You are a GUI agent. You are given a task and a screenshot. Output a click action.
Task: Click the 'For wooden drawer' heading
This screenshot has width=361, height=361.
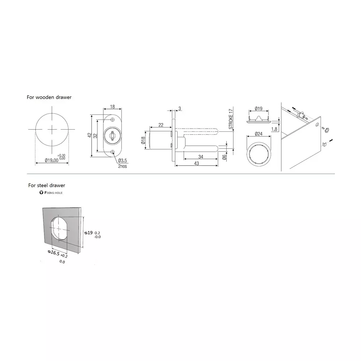49,97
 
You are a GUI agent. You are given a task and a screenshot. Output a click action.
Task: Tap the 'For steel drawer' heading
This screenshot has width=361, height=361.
47,185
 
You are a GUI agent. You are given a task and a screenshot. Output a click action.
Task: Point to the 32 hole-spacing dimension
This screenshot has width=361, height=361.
95,135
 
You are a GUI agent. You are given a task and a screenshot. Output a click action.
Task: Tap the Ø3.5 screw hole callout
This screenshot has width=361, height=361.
121,160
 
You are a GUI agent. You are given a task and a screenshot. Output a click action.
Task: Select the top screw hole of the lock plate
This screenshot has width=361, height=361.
112,120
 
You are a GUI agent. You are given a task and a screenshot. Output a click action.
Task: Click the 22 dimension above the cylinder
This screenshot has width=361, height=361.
161,125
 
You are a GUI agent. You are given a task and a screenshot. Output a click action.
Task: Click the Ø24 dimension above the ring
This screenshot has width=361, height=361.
258,134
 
